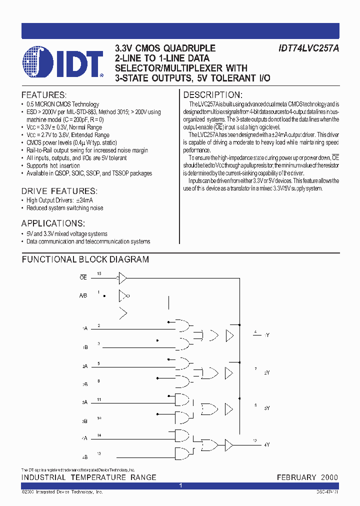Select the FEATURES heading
[x=43, y=95]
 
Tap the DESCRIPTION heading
[x=213, y=95]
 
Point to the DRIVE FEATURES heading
[x=59, y=191]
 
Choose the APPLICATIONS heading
[x=53, y=223]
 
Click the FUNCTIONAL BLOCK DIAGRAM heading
[x=85, y=259]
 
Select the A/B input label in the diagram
[x=83, y=296]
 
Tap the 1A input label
[x=84, y=328]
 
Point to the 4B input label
[x=84, y=456]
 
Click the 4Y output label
[x=267, y=444]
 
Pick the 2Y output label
[x=267, y=372]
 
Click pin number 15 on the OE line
[x=99, y=273]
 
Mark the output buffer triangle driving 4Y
[x=229, y=444]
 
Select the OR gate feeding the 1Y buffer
[x=214, y=334]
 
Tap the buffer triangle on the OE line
[x=122, y=277]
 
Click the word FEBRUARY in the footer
[x=296, y=477]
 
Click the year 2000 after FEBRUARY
[x=329, y=477]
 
